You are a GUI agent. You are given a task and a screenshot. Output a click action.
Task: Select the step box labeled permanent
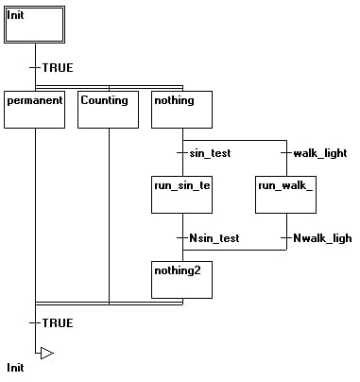click(x=34, y=109)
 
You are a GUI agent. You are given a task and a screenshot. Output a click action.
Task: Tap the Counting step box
click(x=108, y=109)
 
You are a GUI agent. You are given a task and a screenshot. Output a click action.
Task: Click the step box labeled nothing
click(x=181, y=109)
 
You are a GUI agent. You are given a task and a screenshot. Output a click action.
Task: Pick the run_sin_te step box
click(x=181, y=194)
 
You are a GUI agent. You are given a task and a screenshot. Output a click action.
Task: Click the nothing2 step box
click(x=181, y=278)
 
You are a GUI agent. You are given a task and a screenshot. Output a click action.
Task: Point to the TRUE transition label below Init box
click(x=58, y=68)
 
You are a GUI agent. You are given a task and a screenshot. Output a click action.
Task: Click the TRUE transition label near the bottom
click(x=58, y=323)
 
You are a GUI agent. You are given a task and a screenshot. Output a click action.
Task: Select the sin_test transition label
click(x=210, y=152)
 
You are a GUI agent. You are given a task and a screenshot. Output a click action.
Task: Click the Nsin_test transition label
click(x=214, y=237)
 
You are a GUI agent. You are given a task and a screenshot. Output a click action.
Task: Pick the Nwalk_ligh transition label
click(x=321, y=237)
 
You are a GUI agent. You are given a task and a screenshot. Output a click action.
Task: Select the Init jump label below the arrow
click(x=15, y=367)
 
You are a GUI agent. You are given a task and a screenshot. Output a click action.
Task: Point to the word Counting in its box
click(x=104, y=99)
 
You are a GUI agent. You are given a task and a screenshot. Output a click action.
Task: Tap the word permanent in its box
click(x=34, y=99)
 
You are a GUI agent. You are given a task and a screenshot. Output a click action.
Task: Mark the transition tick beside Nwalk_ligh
click(x=285, y=237)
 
